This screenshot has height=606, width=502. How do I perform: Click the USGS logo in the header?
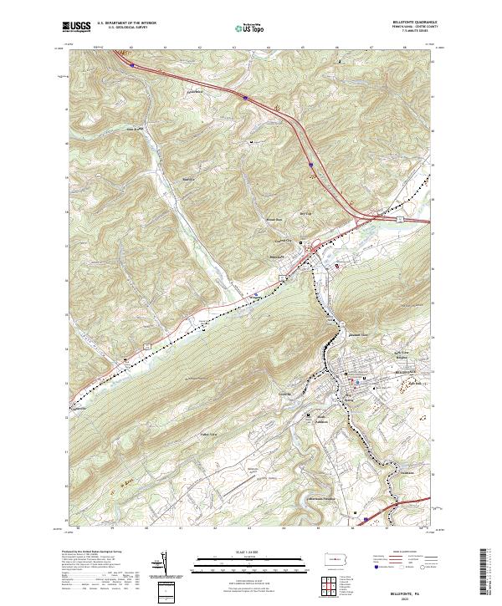tap(77, 28)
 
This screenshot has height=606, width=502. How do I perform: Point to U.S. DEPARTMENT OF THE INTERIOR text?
tap(127, 23)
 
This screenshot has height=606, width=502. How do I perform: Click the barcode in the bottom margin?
tap(487, 570)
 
